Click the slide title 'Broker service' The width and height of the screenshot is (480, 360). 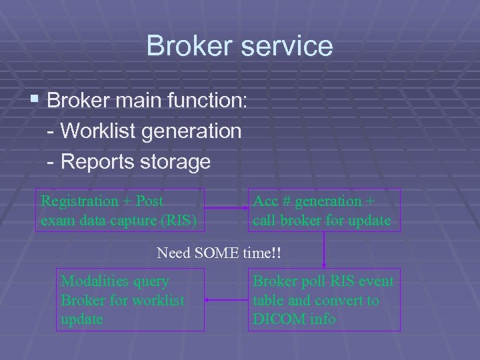[x=239, y=46]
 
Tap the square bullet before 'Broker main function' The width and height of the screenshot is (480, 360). [x=35, y=101]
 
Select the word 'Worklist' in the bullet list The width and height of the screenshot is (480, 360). [x=89, y=131]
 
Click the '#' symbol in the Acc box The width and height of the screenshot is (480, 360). [x=285, y=201]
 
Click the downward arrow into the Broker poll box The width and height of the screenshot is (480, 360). [x=324, y=253]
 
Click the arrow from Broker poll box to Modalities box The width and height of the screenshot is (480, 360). [x=227, y=300]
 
